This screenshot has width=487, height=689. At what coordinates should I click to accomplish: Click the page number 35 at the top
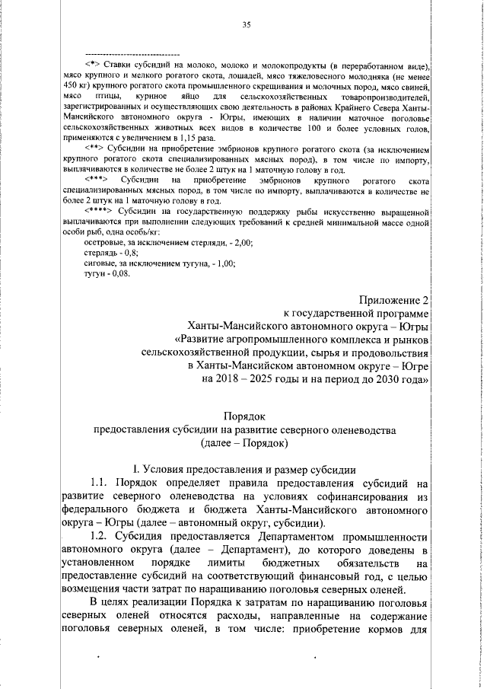point(247,25)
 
